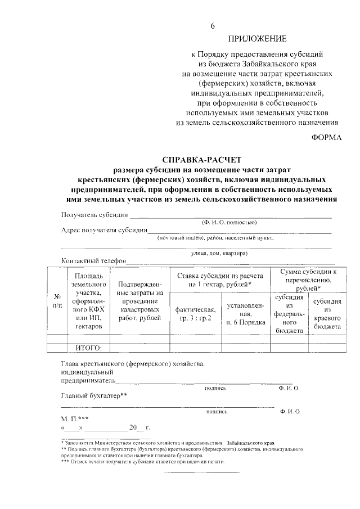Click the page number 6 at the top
(x=213, y=26)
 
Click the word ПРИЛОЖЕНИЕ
(x=257, y=39)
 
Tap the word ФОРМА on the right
(x=327, y=138)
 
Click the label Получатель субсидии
(x=95, y=215)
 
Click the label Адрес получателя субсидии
(x=104, y=230)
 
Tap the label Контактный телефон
(x=93, y=261)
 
